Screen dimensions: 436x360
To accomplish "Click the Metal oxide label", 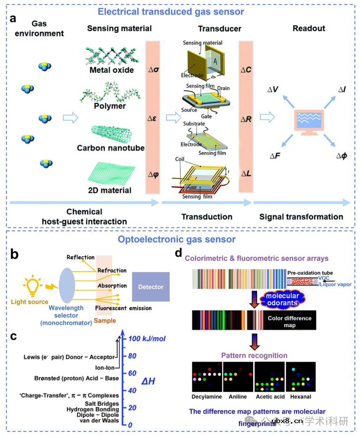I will point(112,70).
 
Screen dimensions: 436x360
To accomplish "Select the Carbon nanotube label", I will point(110,148).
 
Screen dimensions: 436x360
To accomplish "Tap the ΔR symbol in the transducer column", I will point(246,119).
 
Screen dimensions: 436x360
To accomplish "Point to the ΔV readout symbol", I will point(273,89).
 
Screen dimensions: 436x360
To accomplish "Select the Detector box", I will point(151,287).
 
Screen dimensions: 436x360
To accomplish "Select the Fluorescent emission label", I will point(124,308).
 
